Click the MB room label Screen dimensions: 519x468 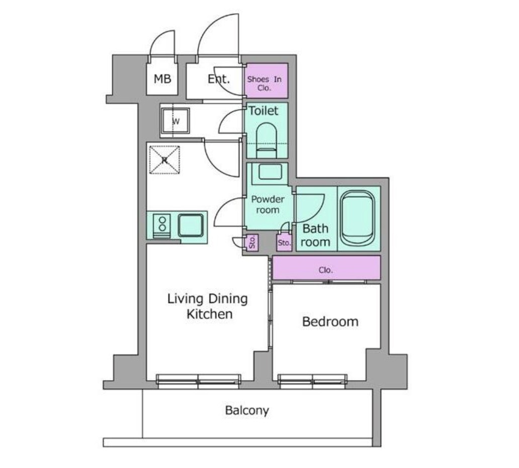click(162, 79)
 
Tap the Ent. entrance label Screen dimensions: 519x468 click(218, 79)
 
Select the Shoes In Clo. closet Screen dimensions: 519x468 click(266, 81)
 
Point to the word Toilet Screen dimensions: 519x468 click(264, 111)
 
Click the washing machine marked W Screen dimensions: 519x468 click(176, 121)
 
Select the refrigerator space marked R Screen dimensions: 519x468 click(164, 160)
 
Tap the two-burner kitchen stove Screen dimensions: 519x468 click(162, 226)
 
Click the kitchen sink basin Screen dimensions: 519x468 click(191, 225)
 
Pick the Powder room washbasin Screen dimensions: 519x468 click(270, 172)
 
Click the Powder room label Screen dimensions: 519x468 click(268, 204)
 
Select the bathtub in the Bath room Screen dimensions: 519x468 click(358, 218)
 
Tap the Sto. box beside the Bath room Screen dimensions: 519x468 click(284, 243)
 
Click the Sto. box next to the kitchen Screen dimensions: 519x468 click(252, 242)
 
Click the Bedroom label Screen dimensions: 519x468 click(330, 322)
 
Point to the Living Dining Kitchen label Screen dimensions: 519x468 click(208, 306)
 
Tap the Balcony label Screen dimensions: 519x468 click(247, 410)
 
